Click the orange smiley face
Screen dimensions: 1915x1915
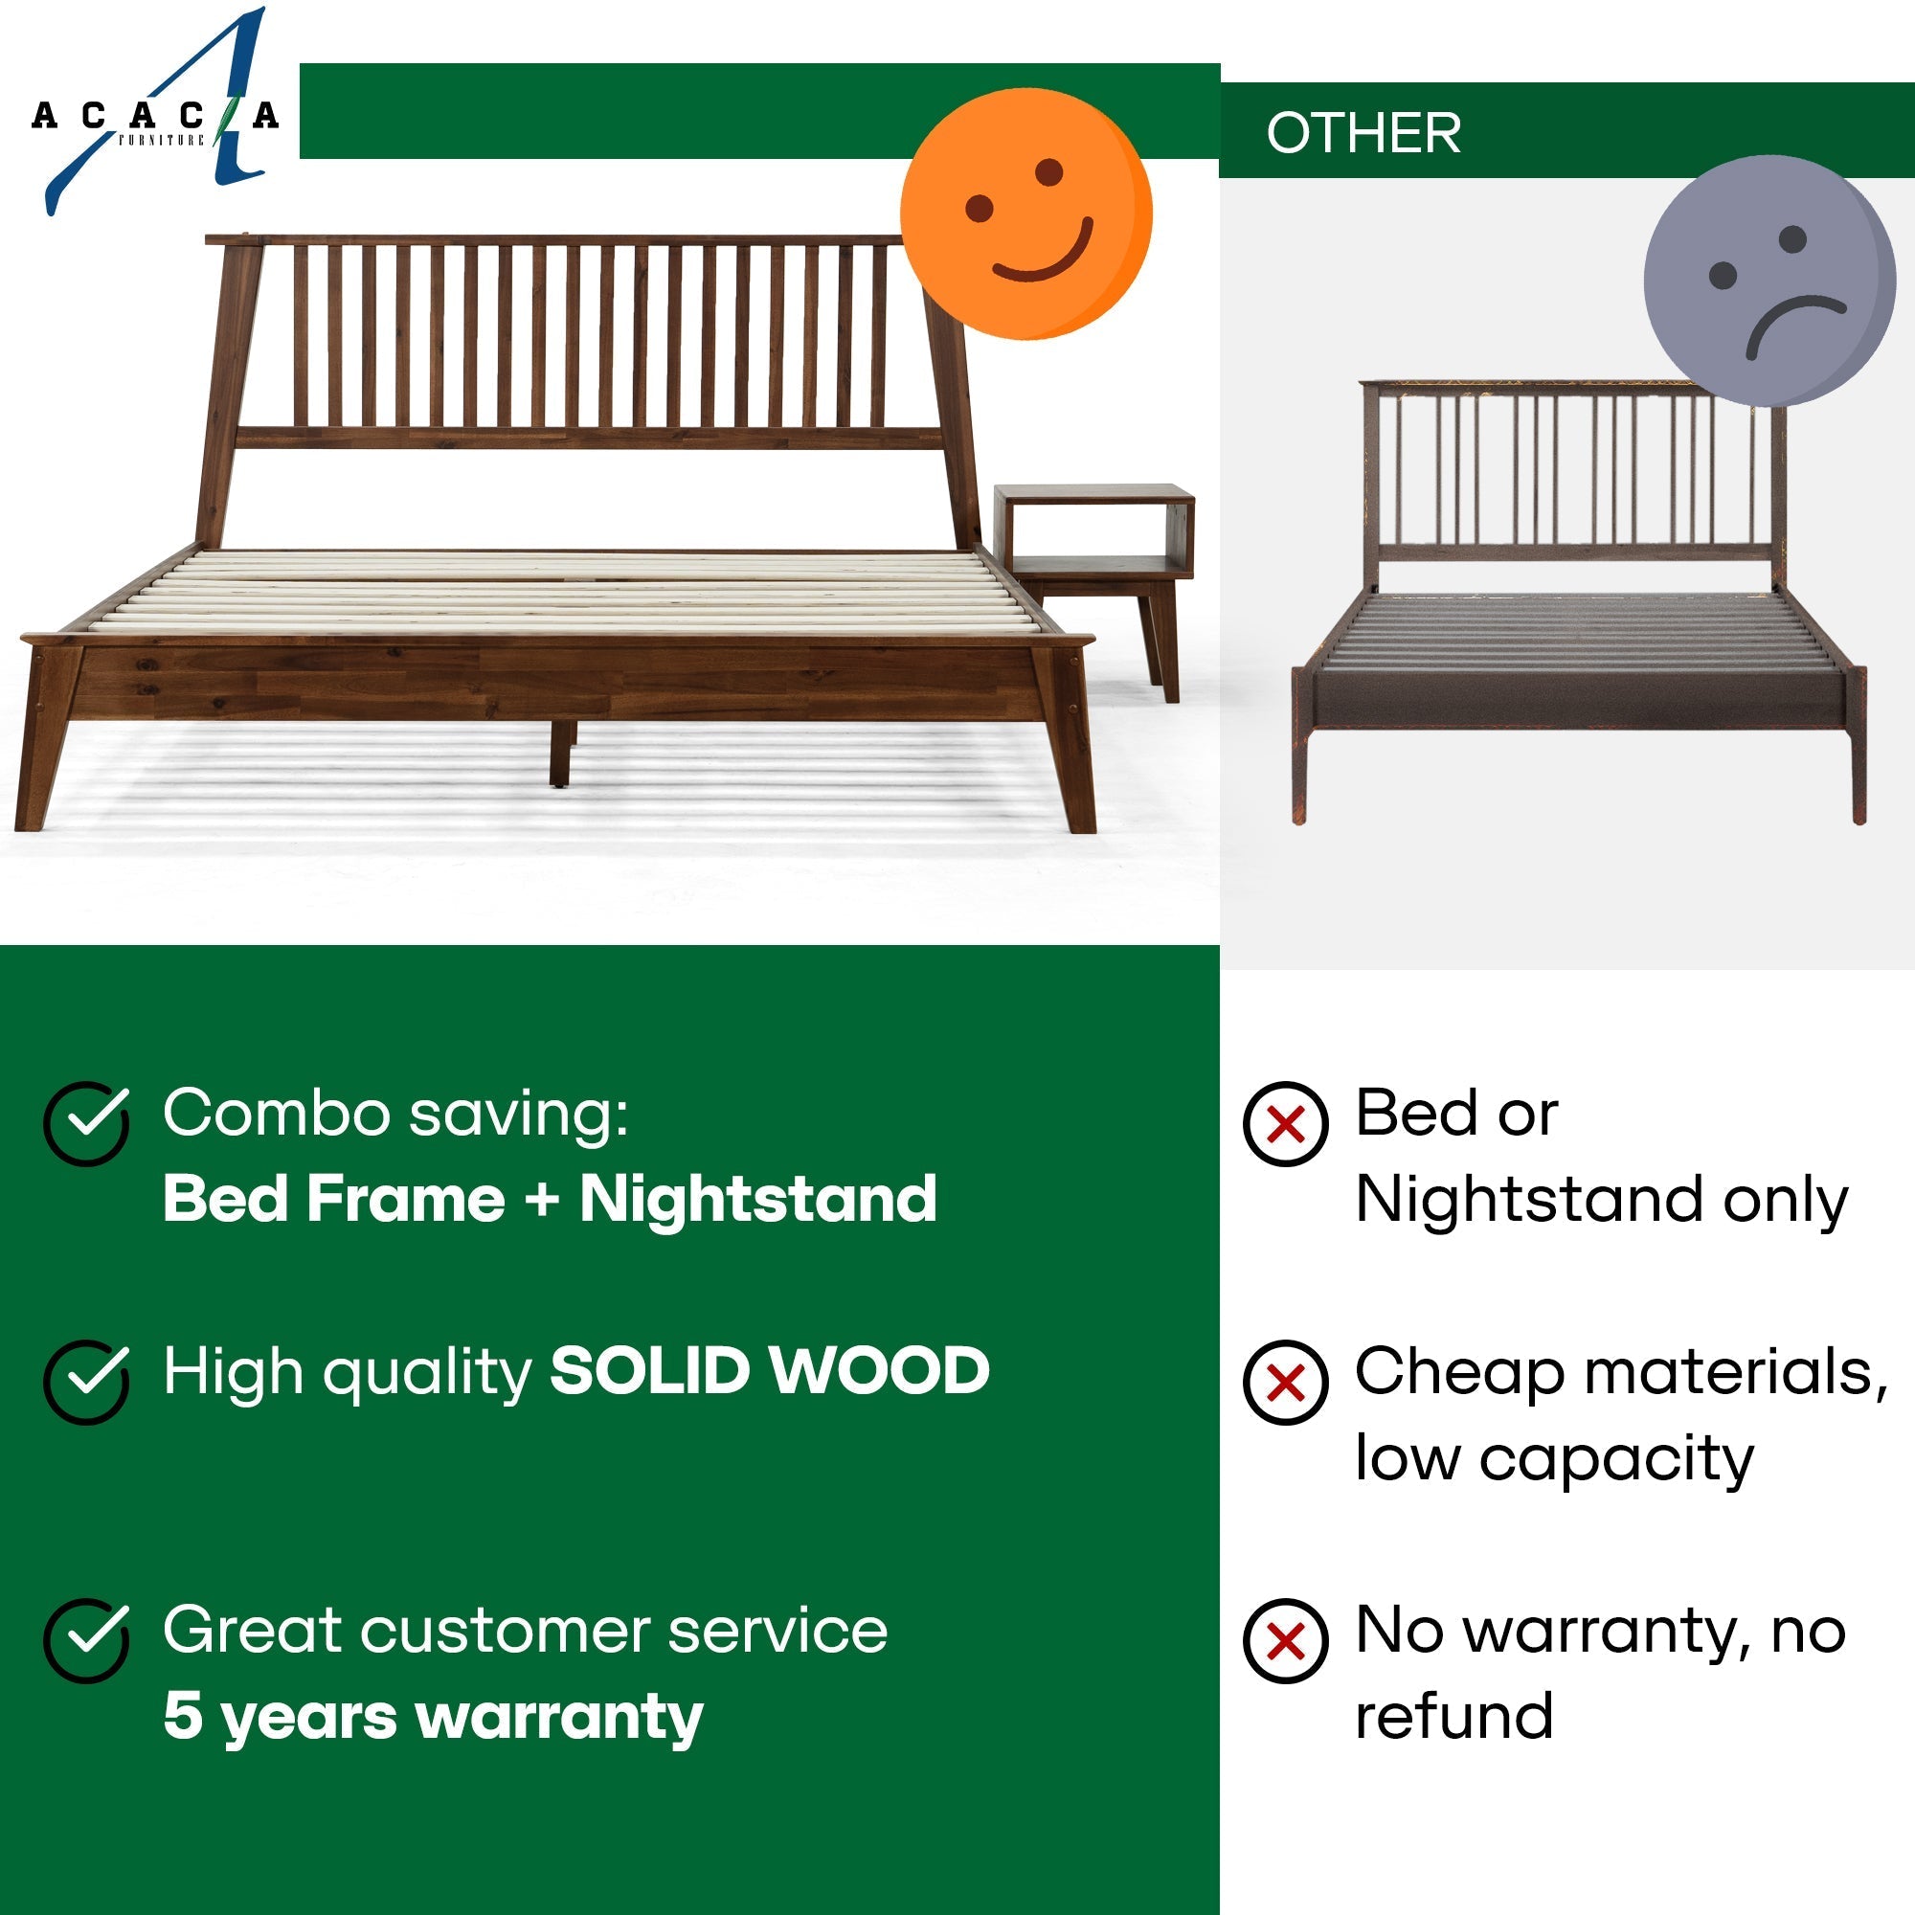(1025, 214)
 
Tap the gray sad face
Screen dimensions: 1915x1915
(1769, 281)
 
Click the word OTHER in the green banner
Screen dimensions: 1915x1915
(1363, 133)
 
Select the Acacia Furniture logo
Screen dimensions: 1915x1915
(153, 114)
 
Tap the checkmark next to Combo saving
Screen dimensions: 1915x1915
(86, 1122)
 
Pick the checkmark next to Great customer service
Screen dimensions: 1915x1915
(86, 1640)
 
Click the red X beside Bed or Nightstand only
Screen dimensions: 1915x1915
(1286, 1123)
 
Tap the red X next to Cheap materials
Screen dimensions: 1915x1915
(1286, 1382)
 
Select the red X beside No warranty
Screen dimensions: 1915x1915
(1286, 1641)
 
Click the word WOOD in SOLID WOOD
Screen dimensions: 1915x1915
(879, 1372)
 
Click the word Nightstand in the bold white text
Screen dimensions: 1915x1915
(757, 1199)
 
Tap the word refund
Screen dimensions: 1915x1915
(1453, 1716)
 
